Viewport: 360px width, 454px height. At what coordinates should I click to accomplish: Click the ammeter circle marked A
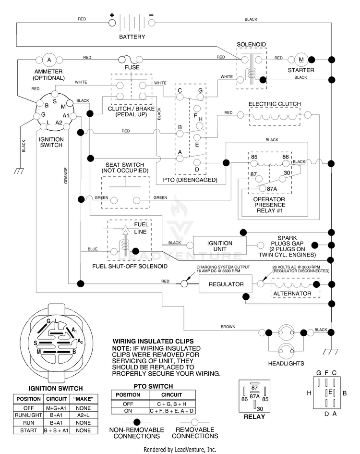(x=49, y=60)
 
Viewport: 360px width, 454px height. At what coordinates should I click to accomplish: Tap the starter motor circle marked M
(x=301, y=60)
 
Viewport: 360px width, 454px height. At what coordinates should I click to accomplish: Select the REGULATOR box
(x=226, y=284)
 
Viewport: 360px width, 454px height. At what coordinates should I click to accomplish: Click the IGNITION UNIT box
(x=220, y=246)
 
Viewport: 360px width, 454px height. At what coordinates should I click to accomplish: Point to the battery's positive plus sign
(x=112, y=15)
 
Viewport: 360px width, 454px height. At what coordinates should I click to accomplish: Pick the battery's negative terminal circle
(x=152, y=23)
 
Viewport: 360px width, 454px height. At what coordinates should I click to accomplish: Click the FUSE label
(x=132, y=67)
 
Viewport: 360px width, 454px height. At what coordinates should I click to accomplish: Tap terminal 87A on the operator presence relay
(x=262, y=188)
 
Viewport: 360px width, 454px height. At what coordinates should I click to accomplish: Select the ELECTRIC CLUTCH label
(x=275, y=104)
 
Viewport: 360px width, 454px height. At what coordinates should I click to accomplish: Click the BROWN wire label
(x=228, y=327)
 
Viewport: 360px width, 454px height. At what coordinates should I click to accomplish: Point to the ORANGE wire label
(x=66, y=175)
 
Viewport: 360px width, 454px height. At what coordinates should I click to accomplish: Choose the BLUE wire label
(x=93, y=249)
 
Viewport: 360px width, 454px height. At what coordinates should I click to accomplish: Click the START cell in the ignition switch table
(x=28, y=430)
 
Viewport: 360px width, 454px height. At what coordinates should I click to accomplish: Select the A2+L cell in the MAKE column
(x=84, y=415)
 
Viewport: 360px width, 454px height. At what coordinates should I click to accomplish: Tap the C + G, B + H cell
(x=172, y=404)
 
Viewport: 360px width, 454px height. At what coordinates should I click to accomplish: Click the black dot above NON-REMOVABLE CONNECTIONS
(x=137, y=422)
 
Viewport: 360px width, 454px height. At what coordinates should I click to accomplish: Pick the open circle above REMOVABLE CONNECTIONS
(x=195, y=422)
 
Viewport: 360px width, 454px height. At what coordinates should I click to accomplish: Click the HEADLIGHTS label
(x=286, y=363)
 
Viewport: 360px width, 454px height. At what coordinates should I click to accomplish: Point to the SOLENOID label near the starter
(x=251, y=44)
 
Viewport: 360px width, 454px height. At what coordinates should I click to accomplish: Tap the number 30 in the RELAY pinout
(x=260, y=409)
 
